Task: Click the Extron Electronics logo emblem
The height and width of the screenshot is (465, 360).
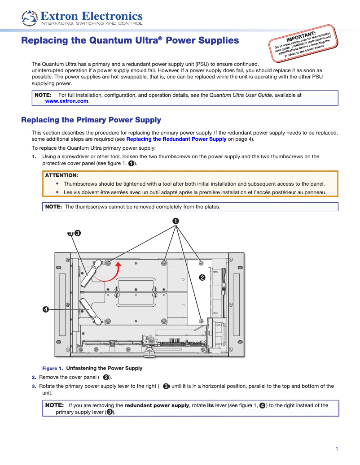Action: (x=30, y=17)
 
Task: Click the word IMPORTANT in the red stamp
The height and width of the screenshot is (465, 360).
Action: (x=301, y=36)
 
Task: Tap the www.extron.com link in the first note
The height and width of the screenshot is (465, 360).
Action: (x=66, y=101)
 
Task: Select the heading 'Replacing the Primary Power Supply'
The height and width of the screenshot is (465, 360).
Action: (x=91, y=120)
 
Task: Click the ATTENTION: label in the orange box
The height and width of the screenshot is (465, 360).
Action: (x=61, y=175)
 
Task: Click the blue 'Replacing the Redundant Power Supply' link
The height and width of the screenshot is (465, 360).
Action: (x=176, y=139)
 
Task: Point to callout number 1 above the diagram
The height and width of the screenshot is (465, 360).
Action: (x=176, y=221)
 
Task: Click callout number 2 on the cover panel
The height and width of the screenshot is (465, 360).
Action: (x=202, y=278)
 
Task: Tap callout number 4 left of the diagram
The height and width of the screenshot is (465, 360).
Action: (x=46, y=309)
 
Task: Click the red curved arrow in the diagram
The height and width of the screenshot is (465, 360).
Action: (x=112, y=274)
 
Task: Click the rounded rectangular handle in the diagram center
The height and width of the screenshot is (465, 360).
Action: (x=136, y=292)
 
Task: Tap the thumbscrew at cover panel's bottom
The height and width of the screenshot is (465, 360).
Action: (x=201, y=321)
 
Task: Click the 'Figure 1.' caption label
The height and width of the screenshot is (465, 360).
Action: (x=53, y=368)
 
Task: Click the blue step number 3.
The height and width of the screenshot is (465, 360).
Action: (x=34, y=386)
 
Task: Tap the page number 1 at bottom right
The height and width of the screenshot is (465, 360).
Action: (x=336, y=449)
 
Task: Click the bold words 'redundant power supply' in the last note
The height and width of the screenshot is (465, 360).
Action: (x=157, y=405)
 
